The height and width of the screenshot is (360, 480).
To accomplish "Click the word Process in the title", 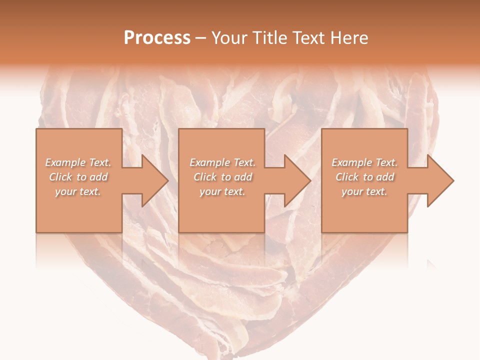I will pos(157,38).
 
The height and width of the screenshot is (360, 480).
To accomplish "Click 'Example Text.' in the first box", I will pos(78,162).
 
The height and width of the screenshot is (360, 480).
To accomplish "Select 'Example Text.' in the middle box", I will pos(222,162).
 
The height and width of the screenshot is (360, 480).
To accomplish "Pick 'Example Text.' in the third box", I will pos(364,162).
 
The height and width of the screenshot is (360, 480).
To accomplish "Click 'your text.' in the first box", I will pos(78,191).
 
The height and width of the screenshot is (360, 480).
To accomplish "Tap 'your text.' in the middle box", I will pos(222,191).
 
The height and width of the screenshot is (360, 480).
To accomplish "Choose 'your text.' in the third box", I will pos(364,191).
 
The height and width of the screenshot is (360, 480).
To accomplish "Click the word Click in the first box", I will pos(60,177).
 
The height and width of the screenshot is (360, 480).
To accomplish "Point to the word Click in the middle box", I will pos(205,177).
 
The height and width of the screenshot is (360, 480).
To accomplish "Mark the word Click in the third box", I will pos(347,177).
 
